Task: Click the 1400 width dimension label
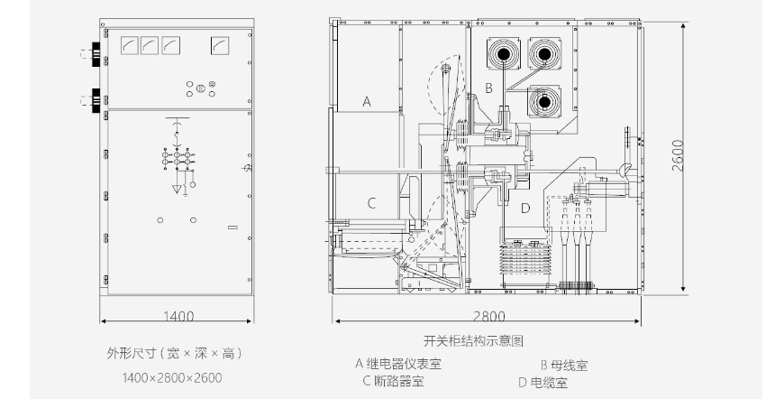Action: [178, 316]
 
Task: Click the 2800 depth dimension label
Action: [489, 316]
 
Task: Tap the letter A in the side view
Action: [366, 101]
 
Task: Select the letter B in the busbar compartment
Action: [488, 88]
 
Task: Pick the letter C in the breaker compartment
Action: [371, 203]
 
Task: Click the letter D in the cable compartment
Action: [525, 208]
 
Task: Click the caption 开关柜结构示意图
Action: [473, 340]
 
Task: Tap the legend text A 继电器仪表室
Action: [398, 365]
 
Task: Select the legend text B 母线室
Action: [564, 366]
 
